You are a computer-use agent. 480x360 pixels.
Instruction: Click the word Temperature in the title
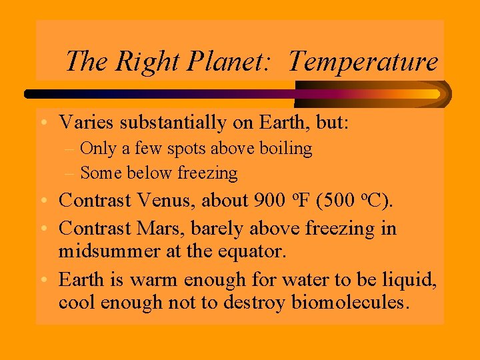tap(363, 62)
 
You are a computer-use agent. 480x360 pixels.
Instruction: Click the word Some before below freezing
tap(101, 173)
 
